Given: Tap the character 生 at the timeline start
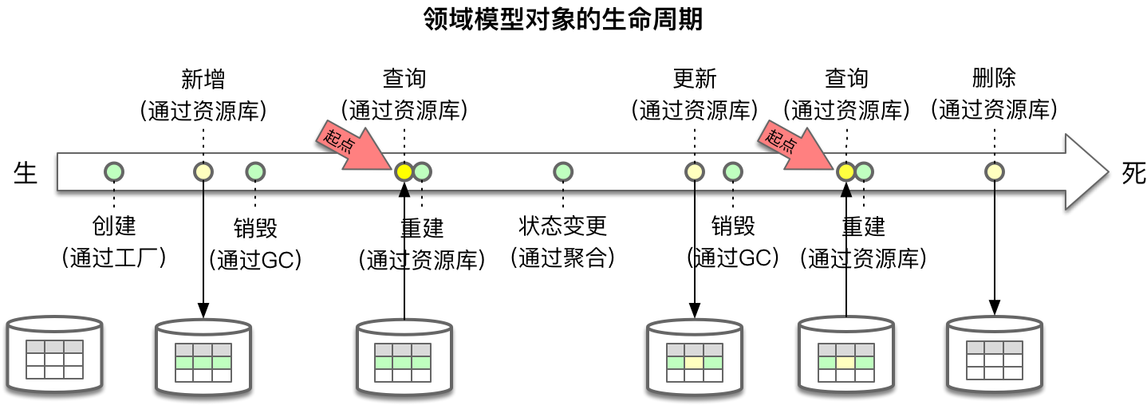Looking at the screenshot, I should point(26,173).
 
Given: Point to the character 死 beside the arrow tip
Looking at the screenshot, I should point(1133,173).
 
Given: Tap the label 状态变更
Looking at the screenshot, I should point(563,226).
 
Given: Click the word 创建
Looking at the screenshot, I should point(114,226).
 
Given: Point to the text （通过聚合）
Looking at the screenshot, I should point(563,258).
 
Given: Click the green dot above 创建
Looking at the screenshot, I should point(115,171).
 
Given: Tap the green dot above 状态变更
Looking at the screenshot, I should point(563,171).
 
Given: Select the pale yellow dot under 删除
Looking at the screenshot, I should point(994,171).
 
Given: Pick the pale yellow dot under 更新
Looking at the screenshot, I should point(695,171).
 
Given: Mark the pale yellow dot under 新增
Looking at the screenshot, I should point(204,171).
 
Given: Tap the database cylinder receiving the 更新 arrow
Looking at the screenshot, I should point(695,356).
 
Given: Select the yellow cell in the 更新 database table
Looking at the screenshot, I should point(695,362).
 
